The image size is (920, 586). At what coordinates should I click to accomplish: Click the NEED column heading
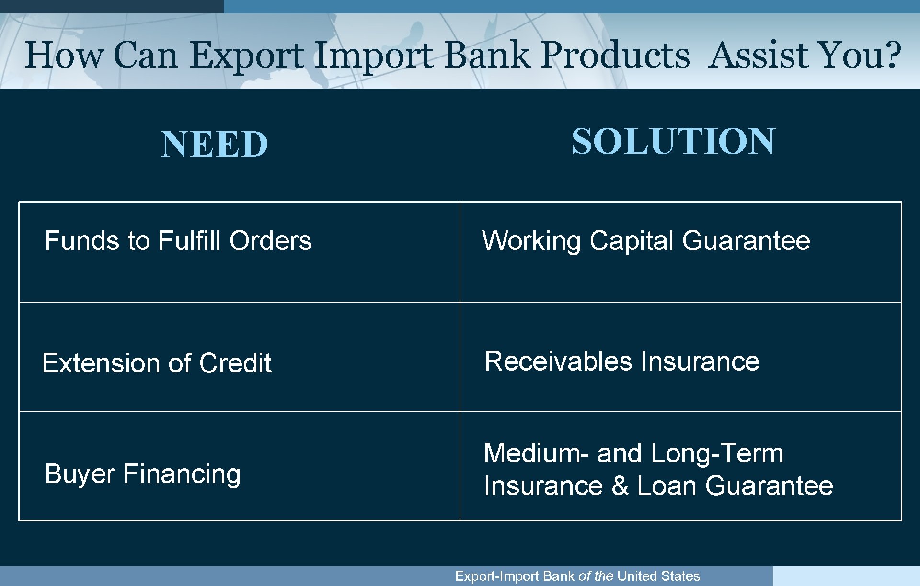click(x=214, y=145)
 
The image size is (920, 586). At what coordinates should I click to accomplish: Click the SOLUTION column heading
click(x=673, y=142)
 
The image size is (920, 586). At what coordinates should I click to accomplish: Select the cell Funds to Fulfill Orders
click(x=178, y=240)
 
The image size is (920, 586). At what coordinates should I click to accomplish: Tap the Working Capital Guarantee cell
click(x=645, y=240)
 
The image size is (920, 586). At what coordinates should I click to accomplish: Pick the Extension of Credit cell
click(x=157, y=363)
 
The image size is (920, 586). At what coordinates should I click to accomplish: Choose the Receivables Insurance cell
click(x=621, y=361)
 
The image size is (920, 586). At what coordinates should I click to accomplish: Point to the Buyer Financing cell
click(x=142, y=474)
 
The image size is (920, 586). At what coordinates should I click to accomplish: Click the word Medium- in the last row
click(x=536, y=453)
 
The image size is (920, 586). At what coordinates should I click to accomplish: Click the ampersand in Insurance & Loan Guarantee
click(x=620, y=486)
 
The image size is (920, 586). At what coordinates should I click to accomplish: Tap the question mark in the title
click(x=891, y=55)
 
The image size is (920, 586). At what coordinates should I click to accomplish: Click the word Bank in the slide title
click(x=487, y=55)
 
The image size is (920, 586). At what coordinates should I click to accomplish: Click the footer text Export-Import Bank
click(x=515, y=576)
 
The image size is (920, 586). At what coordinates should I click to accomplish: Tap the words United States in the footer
click(x=658, y=576)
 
